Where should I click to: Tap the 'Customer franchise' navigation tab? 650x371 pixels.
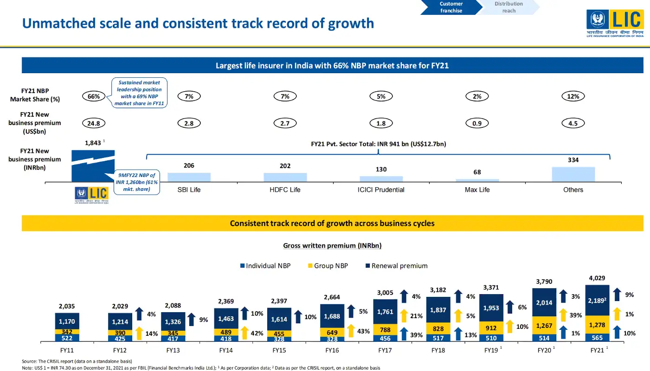click(x=450, y=7)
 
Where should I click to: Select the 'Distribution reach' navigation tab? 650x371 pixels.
click(x=508, y=7)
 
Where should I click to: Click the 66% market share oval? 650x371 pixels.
click(x=94, y=96)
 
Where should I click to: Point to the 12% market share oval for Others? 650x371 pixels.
click(x=573, y=96)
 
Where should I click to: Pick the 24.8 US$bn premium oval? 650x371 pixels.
click(x=94, y=123)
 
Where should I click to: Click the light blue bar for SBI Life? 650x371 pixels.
click(x=189, y=177)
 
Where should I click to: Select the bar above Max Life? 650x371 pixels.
click(x=477, y=180)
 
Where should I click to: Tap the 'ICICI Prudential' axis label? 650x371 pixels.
click(x=381, y=190)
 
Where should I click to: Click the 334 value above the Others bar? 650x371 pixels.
click(x=573, y=160)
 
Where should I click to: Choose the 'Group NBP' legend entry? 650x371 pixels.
click(x=328, y=266)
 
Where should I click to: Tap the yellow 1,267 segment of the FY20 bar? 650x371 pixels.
click(x=544, y=326)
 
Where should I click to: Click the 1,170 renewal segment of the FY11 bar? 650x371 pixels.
click(x=67, y=321)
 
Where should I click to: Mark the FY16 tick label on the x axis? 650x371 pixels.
click(x=332, y=351)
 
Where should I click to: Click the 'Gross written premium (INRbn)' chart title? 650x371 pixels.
click(x=332, y=245)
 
